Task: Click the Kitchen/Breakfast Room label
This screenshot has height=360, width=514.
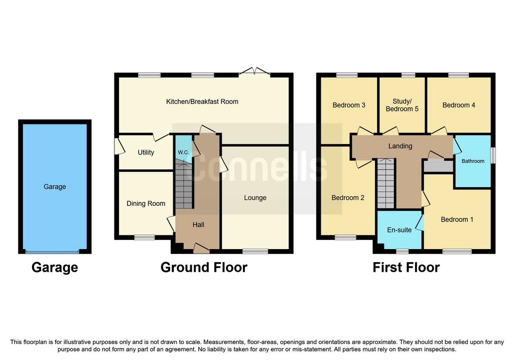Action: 202,101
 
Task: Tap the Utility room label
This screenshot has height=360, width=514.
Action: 146,153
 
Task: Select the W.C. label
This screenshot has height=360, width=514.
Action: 184,153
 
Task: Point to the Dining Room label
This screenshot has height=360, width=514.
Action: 146,204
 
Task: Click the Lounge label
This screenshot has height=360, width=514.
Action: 255,198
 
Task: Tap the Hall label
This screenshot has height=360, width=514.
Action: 198,224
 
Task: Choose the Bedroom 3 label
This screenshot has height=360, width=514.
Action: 349,105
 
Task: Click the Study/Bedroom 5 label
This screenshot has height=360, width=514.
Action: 402,105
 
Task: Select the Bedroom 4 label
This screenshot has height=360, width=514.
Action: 459,105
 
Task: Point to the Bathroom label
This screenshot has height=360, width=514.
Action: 473,161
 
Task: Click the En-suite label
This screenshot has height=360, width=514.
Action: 399,230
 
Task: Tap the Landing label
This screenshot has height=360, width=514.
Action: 400,146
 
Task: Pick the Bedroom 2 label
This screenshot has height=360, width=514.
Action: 348,198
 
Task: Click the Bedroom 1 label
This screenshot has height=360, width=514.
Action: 457,219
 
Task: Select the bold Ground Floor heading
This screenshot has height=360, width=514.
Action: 204,267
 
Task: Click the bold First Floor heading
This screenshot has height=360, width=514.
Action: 406,267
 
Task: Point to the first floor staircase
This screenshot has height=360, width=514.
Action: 386,184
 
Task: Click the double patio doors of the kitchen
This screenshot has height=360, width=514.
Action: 254,71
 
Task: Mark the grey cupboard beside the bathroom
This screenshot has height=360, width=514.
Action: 438,166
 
